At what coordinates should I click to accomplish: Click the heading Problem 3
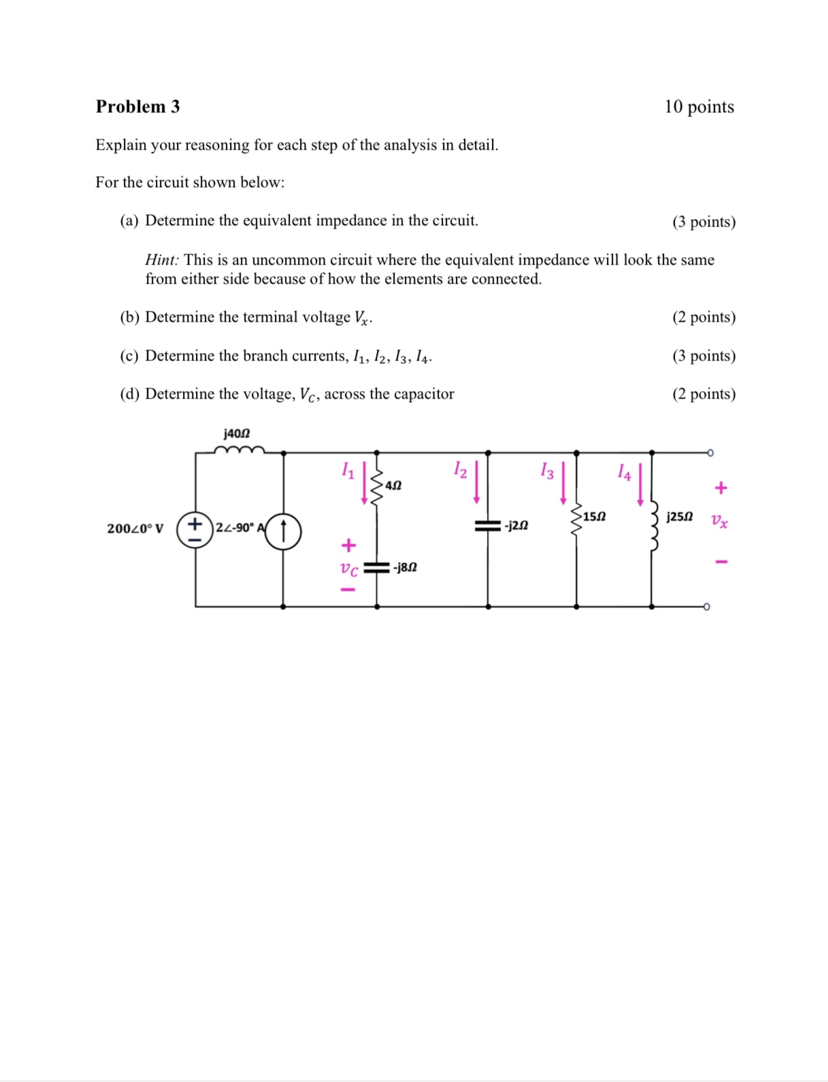point(137,107)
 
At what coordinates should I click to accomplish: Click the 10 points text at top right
point(699,107)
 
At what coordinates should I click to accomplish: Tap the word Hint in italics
point(161,260)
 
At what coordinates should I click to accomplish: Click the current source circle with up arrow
point(283,531)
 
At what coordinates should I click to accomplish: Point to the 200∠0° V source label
point(135,528)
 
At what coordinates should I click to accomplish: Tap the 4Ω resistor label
point(393,486)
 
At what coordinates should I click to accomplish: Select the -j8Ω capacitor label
point(405,567)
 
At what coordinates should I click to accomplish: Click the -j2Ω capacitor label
point(516,526)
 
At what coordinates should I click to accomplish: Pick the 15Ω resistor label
point(594,517)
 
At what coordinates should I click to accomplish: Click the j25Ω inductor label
point(680,517)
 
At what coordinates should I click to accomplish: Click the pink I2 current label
point(461,469)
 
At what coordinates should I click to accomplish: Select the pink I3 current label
point(547,470)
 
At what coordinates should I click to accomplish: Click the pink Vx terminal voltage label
point(719,522)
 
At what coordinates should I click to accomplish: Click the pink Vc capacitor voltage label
point(349,569)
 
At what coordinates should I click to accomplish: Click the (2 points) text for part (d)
point(703,394)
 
